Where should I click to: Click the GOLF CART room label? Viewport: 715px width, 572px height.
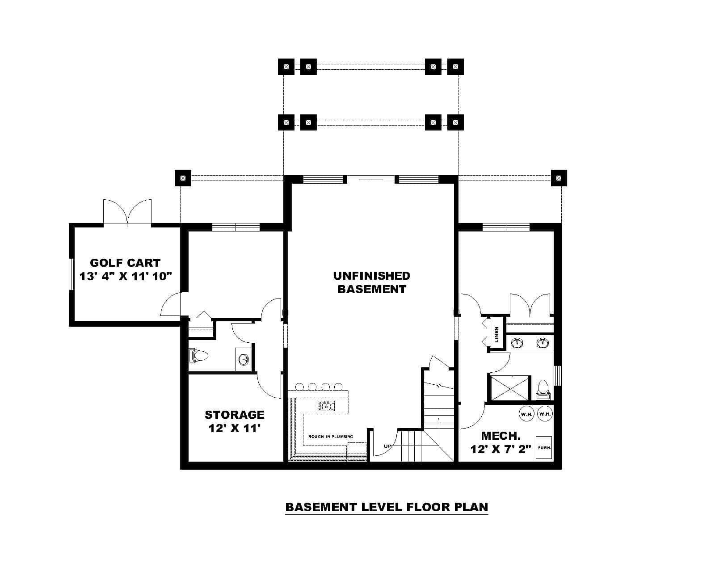[125, 263]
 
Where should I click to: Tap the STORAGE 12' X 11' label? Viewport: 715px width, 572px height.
[235, 421]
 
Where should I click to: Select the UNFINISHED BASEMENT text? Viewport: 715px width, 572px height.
[371, 282]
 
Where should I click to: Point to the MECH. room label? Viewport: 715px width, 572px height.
[500, 436]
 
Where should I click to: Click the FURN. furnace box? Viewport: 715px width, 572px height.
[544, 448]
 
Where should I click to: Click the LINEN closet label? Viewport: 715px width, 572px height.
[497, 335]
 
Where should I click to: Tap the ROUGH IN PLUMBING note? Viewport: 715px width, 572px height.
[330, 437]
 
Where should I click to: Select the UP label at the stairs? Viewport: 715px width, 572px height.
[387, 446]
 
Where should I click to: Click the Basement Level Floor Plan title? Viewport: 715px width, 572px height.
[387, 507]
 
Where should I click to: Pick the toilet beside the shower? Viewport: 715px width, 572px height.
[543, 388]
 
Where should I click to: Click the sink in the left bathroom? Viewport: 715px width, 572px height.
[244, 359]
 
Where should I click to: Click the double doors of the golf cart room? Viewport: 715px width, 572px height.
[127, 212]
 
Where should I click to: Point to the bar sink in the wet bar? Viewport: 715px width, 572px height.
[326, 406]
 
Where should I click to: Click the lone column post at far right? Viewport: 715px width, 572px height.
[558, 178]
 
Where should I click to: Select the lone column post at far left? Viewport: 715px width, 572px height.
[182, 178]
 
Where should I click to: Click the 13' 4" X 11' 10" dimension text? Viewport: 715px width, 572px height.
[126, 276]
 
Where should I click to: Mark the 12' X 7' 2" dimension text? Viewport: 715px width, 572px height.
[500, 449]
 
